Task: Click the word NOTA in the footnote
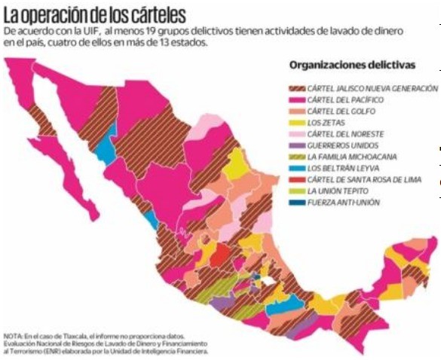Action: [14, 334]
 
